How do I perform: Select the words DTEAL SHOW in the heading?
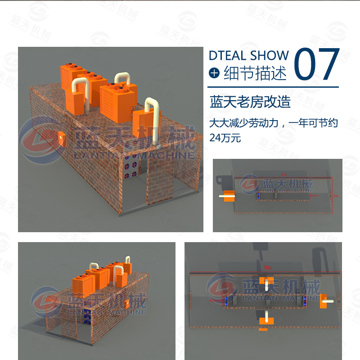click(x=248, y=55)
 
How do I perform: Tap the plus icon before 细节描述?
click(x=215, y=73)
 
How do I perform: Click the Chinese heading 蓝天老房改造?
click(x=250, y=102)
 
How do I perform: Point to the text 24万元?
click(x=225, y=138)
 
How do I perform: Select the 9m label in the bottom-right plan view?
click(x=268, y=267)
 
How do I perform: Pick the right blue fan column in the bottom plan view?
click(x=306, y=301)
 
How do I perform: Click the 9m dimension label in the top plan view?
click(x=283, y=174)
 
